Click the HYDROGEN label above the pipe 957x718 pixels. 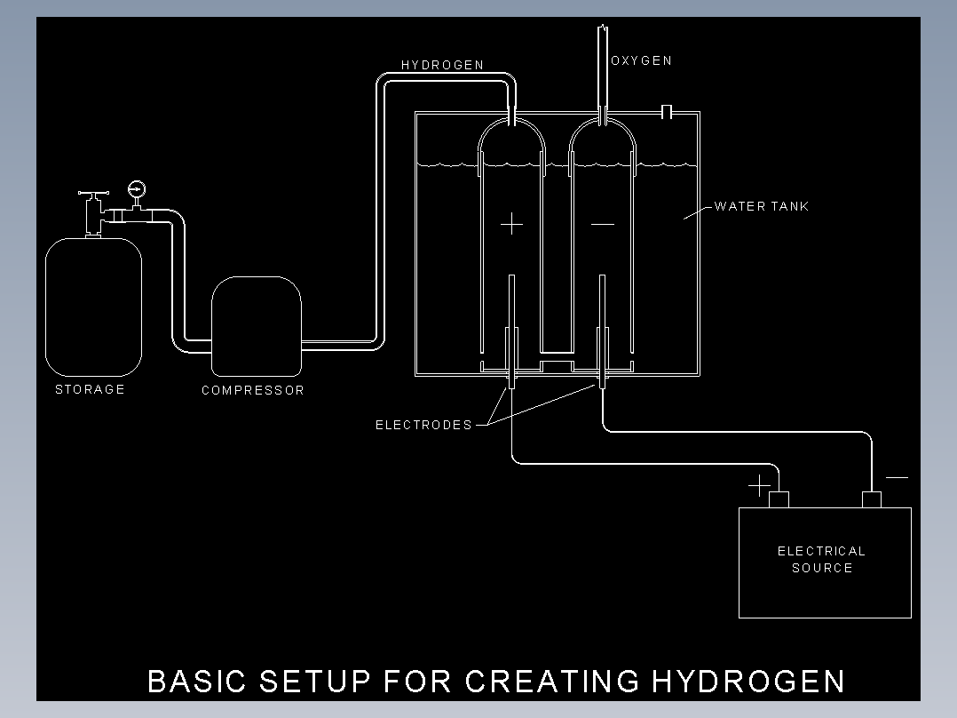point(442,65)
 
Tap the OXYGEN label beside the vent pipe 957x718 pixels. point(642,60)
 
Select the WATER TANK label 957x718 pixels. point(761,206)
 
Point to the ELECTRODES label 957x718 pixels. point(423,425)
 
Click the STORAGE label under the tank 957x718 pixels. point(90,389)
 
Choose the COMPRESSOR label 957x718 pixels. point(253,390)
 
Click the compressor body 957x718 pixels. point(257,326)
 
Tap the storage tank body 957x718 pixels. point(93,307)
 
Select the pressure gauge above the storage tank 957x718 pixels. point(136,188)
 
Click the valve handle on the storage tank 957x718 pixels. point(93,193)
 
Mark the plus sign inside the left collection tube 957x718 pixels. point(511,224)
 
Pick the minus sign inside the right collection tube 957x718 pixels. point(603,224)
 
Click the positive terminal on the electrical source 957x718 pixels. point(779,500)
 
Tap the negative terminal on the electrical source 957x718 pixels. point(872,500)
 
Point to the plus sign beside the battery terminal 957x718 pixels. point(759,486)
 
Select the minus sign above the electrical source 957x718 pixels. point(897,477)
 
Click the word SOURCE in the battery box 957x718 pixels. point(821,568)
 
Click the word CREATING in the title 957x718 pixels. point(552,682)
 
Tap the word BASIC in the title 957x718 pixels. point(196,682)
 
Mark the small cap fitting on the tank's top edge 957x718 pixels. point(667,112)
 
